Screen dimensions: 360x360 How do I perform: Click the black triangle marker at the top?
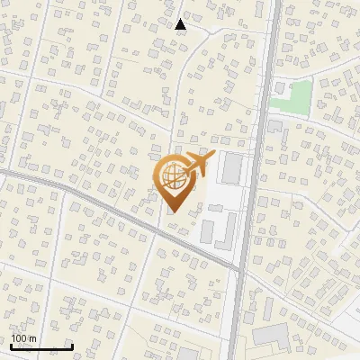click(x=181, y=24)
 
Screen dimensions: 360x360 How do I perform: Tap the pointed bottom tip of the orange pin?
click(x=172, y=212)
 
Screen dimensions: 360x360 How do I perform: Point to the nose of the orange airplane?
click(x=212, y=156)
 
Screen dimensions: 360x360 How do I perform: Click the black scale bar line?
click(x=41, y=346)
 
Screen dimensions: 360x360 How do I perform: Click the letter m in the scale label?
click(x=32, y=338)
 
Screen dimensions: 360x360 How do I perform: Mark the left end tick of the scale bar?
click(x=11, y=345)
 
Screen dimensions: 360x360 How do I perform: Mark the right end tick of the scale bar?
click(x=72, y=345)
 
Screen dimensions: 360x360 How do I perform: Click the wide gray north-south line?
click(x=255, y=180)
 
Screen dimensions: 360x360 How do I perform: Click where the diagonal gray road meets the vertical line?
click(x=239, y=269)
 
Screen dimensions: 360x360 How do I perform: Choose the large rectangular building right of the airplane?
click(x=233, y=167)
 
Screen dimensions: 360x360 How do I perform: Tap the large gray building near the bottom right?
click(x=269, y=337)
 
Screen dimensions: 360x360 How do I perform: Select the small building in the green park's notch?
click(x=280, y=90)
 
